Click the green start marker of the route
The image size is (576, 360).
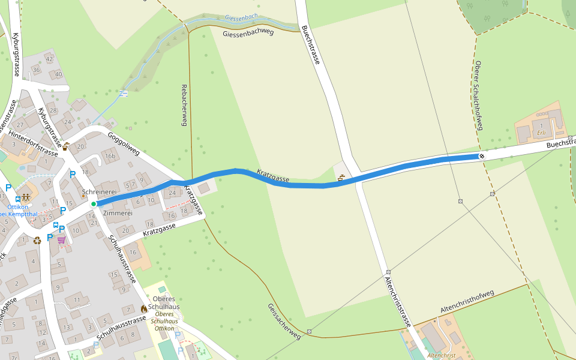[94, 204]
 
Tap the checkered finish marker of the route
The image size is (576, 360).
[482, 157]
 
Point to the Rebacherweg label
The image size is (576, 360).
[185, 105]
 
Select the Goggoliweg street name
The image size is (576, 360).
[124, 144]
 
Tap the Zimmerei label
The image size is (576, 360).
[118, 213]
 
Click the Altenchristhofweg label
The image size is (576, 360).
[467, 301]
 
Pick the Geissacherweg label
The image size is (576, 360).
[284, 322]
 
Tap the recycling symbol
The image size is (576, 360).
[37, 240]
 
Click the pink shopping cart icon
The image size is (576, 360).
[61, 240]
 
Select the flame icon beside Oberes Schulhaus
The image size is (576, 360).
[144, 308]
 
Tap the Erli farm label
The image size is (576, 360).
[541, 133]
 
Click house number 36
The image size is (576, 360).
[36, 70]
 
